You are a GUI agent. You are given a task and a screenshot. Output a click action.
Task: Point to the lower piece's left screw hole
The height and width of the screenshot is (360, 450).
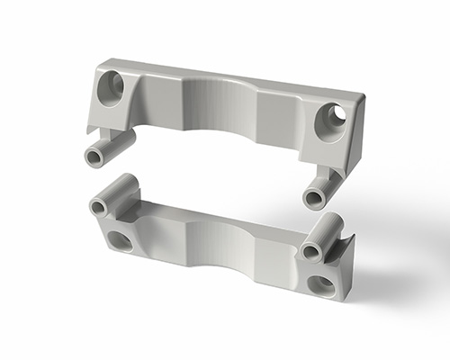tap(118, 240)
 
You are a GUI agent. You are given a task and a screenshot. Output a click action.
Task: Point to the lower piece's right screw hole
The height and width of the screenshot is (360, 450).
tap(319, 286)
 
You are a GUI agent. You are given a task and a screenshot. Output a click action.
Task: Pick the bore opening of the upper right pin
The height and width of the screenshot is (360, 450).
tap(312, 198)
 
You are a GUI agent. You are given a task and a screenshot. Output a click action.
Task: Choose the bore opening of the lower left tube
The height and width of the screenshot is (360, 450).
tap(98, 208)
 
